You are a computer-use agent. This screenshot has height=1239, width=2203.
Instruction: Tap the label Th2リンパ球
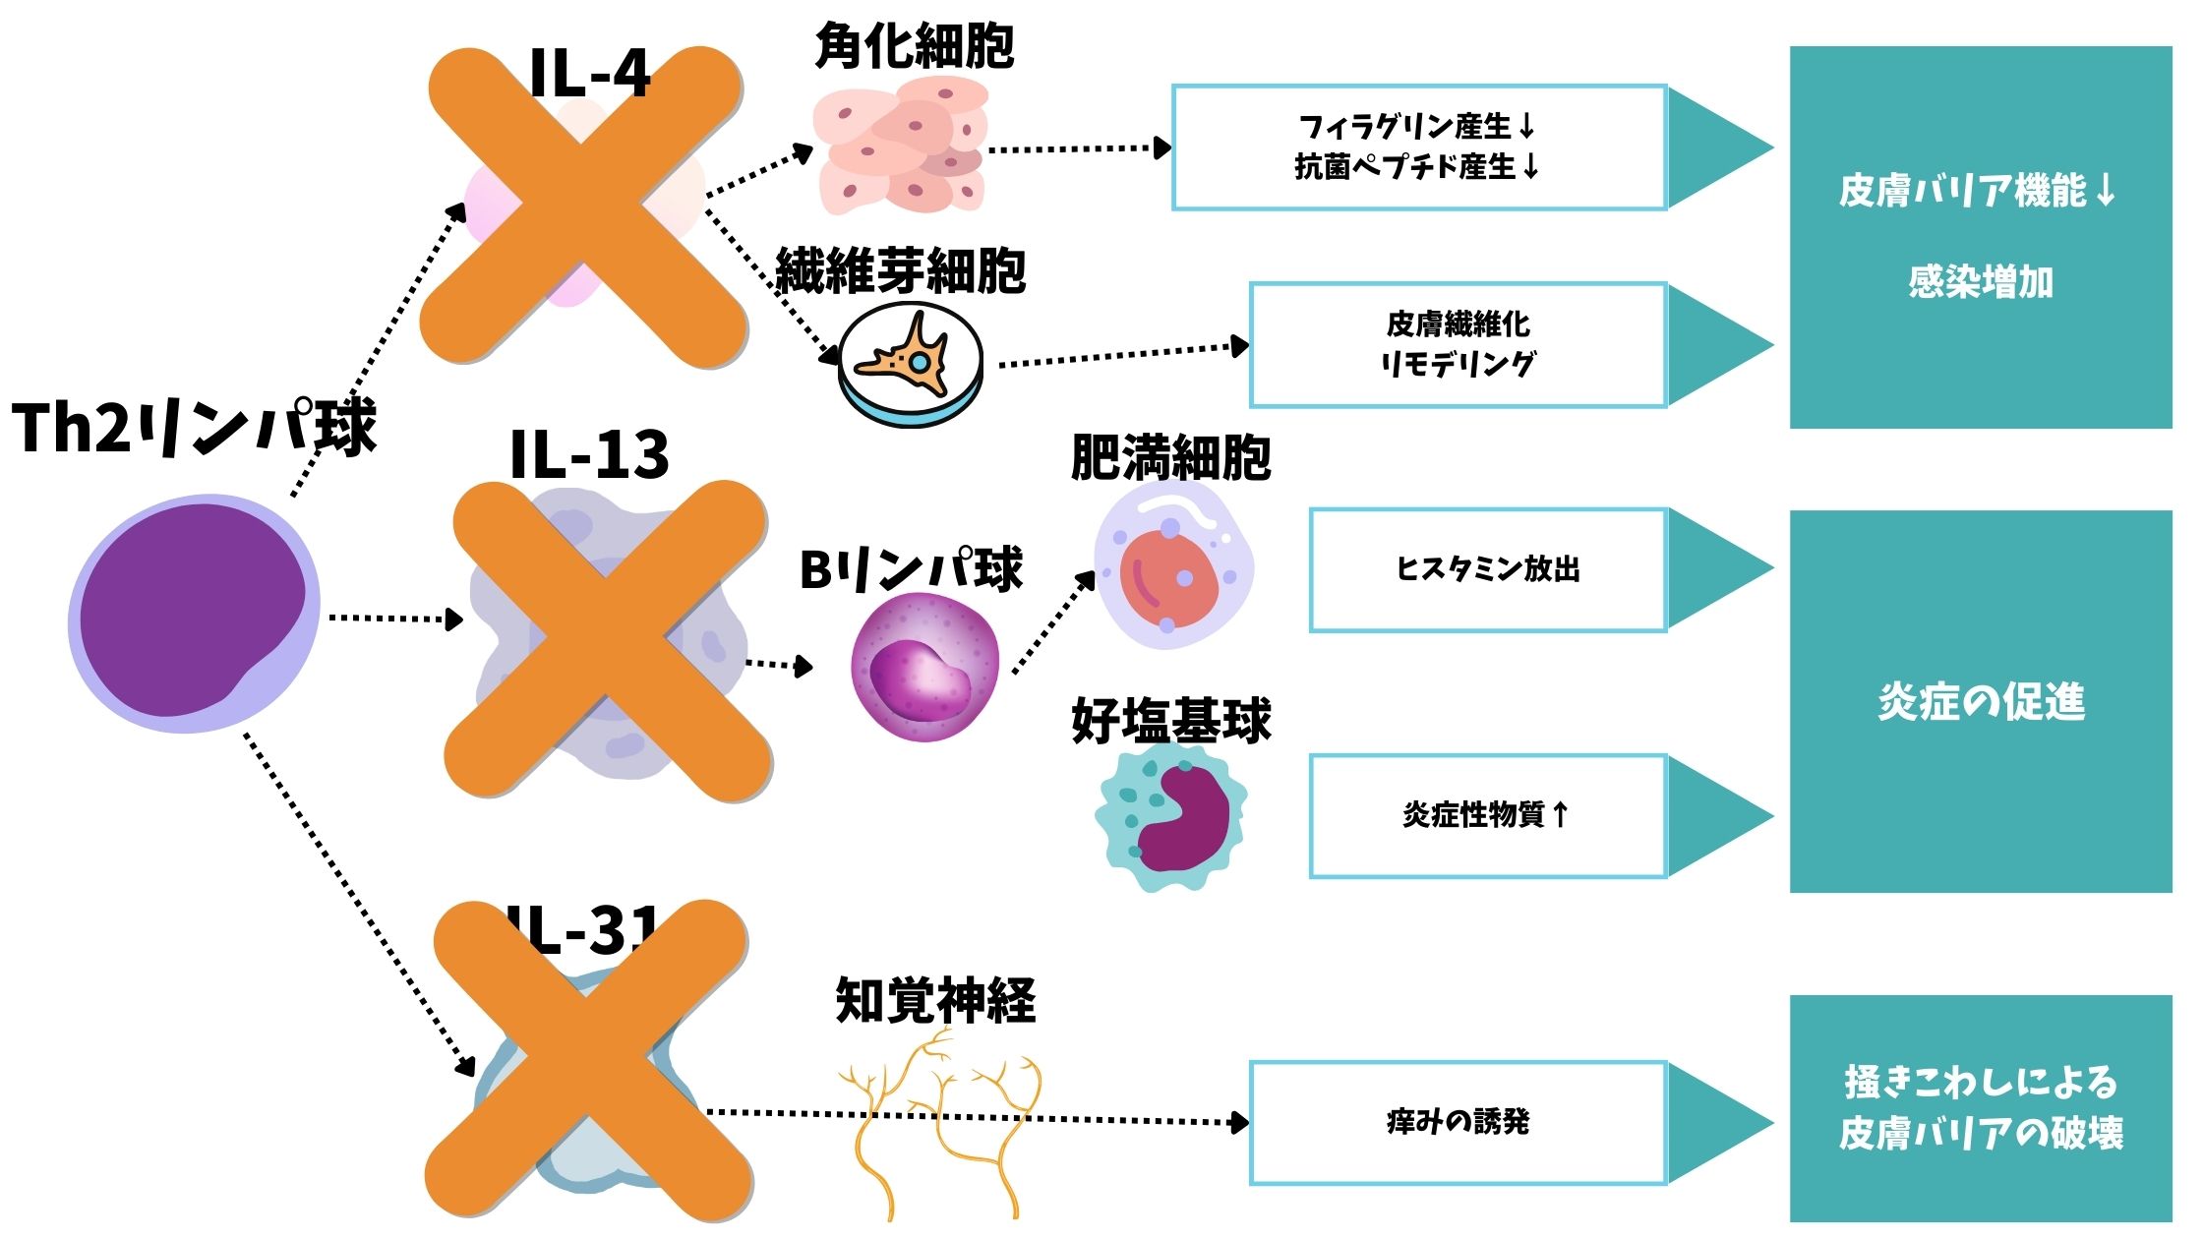[x=194, y=428]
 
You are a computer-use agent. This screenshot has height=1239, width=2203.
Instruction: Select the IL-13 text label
[x=589, y=454]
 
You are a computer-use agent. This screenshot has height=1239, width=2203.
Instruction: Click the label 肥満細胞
[x=1170, y=457]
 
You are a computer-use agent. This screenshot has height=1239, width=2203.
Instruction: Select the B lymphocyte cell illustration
[x=924, y=667]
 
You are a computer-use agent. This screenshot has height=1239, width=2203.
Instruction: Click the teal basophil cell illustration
[x=1170, y=816]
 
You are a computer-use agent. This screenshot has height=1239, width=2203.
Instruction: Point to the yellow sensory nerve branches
[x=939, y=1121]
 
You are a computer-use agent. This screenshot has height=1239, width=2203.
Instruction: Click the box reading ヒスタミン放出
[x=1487, y=569]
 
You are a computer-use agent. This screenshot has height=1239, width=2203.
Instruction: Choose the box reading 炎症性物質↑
[x=1487, y=815]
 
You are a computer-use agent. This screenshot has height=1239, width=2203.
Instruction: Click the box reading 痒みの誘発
[x=1458, y=1122]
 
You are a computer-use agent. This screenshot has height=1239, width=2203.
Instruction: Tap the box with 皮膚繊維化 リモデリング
[x=1458, y=344]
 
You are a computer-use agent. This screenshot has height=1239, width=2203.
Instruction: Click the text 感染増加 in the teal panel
[x=1980, y=282]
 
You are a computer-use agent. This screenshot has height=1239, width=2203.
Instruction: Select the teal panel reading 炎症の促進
[x=1980, y=701]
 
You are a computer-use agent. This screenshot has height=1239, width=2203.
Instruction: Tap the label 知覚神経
[x=935, y=1001]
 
